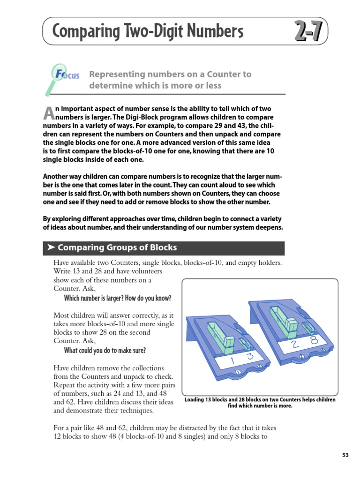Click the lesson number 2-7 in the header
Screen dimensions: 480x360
pos(308,32)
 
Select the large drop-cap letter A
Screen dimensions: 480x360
pos(48,112)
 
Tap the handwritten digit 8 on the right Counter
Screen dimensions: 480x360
pos(314,341)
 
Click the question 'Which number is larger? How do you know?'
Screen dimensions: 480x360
pos(117,298)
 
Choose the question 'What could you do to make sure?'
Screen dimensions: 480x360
pos(105,350)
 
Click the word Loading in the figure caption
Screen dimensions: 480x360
pos(196,400)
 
